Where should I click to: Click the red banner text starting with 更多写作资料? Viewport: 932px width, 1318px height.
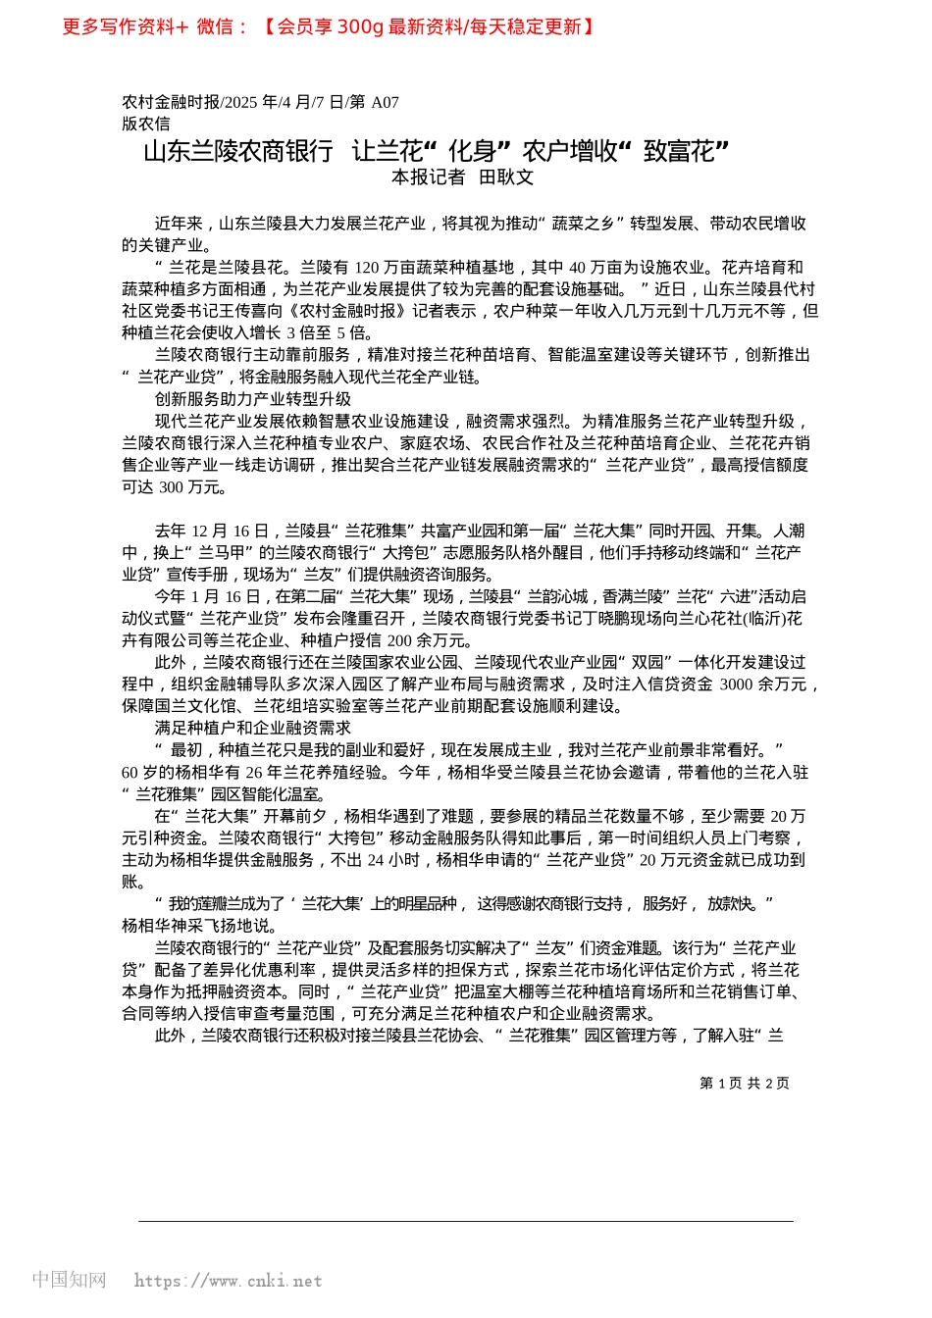(329, 26)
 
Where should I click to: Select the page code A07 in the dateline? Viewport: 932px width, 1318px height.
(385, 102)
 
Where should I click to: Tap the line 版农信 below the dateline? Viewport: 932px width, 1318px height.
(146, 124)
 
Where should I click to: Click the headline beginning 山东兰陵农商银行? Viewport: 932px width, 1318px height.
(437, 151)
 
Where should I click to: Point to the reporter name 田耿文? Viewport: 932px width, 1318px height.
(506, 177)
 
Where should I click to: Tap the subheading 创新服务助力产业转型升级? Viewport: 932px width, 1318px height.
(253, 399)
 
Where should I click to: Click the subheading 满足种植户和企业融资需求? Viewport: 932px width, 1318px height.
(253, 729)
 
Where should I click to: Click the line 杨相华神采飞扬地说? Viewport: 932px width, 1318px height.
(200, 927)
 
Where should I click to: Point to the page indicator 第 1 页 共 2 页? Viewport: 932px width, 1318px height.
(745, 1084)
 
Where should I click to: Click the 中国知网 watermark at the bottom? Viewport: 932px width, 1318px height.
(69, 1280)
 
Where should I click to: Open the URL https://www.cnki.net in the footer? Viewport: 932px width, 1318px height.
(228, 1281)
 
